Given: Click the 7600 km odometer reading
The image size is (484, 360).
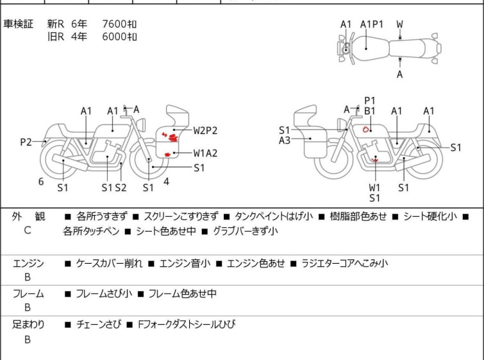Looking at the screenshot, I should tap(119, 24).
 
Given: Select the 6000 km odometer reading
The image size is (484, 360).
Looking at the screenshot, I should tap(119, 37).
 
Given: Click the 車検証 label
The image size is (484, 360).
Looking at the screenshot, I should tap(19, 24).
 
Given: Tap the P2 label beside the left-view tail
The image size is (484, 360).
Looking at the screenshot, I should tap(26, 142).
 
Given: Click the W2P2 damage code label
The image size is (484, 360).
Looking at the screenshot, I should tap(206, 130).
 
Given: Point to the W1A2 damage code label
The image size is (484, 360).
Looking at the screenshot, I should tap(206, 153).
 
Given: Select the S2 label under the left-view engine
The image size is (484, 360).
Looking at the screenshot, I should tap(121, 187).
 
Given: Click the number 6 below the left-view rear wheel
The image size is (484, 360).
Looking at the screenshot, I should tap(41, 182).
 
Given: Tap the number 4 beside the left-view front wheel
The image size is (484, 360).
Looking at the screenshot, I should tap(166, 182).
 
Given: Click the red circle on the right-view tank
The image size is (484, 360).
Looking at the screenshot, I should tap(365, 129).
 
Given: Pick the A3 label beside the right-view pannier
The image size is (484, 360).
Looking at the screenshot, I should tap(285, 140).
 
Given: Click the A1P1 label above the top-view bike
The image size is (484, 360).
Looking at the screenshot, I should tap(372, 24).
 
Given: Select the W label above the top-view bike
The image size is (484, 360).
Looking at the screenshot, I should tap(399, 24).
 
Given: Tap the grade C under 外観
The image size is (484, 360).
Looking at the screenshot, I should tap(28, 230).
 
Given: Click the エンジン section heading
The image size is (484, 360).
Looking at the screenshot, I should tap(28, 263).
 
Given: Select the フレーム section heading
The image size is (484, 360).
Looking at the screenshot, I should tap(28, 294).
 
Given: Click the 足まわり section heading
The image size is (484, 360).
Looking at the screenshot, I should tap(28, 325).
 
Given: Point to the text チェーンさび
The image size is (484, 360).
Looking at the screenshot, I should tap(98, 325).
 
